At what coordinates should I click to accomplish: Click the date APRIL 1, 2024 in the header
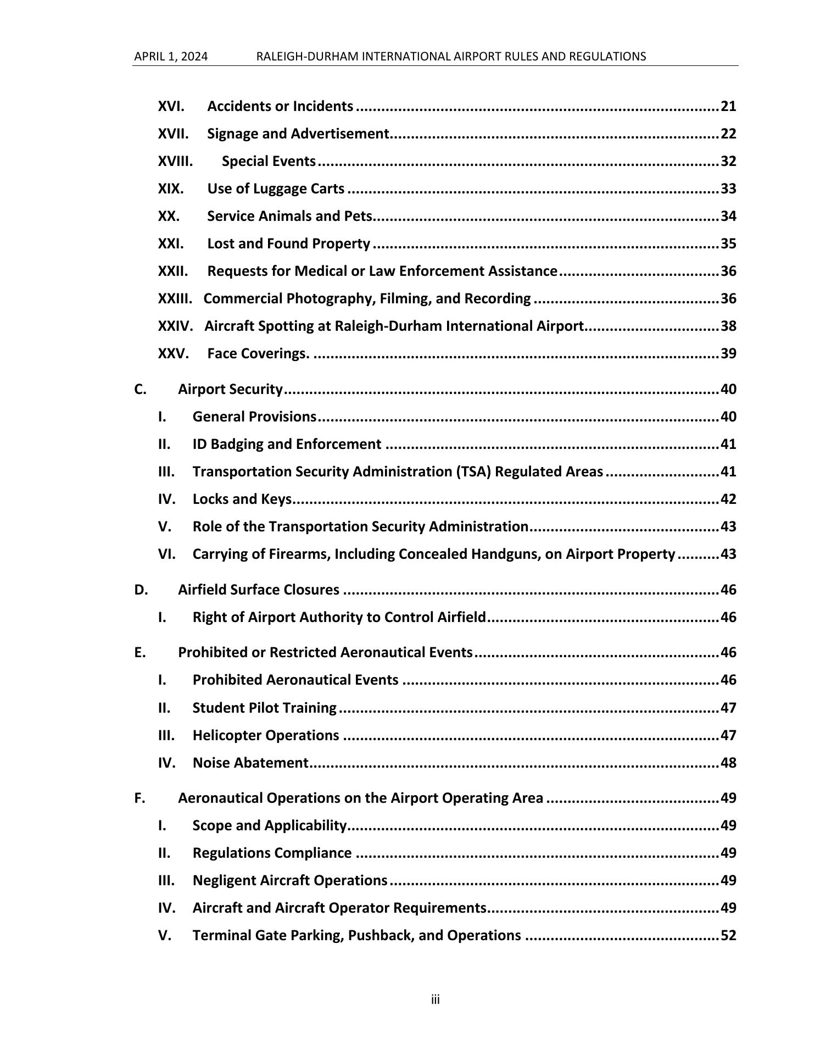(x=171, y=57)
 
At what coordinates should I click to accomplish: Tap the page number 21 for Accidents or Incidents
(x=728, y=106)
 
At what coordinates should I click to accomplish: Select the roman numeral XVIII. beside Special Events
(x=175, y=161)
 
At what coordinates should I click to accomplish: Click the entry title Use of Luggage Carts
(x=276, y=188)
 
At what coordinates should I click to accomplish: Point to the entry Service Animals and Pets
(x=290, y=216)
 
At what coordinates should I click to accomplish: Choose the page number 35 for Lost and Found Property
(x=728, y=243)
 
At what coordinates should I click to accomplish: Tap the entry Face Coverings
(x=258, y=353)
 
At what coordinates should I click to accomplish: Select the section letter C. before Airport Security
(x=140, y=390)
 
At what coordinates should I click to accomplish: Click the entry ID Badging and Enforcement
(x=287, y=444)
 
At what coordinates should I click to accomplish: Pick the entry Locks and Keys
(x=242, y=499)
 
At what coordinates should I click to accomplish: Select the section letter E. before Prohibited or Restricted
(x=140, y=652)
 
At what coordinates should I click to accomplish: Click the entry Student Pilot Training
(x=264, y=708)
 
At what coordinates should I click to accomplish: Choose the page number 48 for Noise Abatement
(x=728, y=763)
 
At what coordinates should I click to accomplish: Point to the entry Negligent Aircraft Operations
(x=290, y=880)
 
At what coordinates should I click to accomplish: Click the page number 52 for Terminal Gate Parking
(x=728, y=935)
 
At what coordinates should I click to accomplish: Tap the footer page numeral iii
(x=435, y=1000)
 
